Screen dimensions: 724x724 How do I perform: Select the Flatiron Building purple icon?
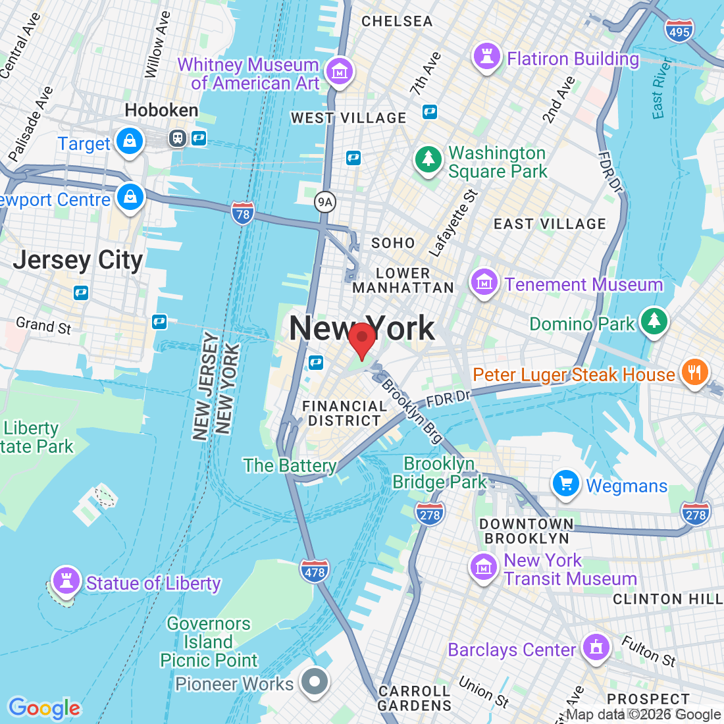coord(487,57)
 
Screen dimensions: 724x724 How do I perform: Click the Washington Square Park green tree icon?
coord(428,159)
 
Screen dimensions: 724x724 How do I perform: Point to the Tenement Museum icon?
coord(484,283)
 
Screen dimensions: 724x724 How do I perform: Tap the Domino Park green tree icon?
coord(654,321)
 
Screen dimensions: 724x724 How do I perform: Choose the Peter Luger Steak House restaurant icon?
coord(694,373)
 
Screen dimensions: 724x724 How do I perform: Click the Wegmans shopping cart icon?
coord(565,484)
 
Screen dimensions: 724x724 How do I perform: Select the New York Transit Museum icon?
coord(484,567)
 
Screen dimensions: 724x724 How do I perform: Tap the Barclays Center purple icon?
coord(596,647)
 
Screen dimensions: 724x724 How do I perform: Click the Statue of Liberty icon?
coord(66,581)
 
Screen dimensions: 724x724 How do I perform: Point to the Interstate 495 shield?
coord(679,31)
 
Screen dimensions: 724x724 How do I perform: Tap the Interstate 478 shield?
coord(315,571)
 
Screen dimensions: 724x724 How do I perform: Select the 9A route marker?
coord(324,202)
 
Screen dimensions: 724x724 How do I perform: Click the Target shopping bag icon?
coord(130,142)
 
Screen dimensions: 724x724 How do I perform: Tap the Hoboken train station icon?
coord(178,138)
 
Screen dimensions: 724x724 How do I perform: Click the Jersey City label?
coord(78,261)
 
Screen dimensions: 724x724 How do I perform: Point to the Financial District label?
coord(344,413)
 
